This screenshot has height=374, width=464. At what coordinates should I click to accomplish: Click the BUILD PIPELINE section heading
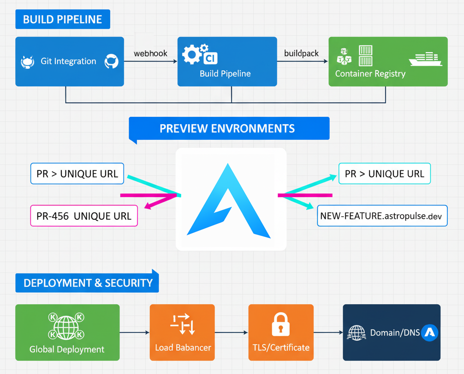point(63,19)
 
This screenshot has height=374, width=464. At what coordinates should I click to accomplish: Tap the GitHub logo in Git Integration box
point(112,61)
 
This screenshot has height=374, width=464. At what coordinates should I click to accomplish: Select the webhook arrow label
point(150,54)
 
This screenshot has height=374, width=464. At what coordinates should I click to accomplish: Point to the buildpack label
point(301,54)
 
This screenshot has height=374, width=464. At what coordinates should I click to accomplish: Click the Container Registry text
point(370,74)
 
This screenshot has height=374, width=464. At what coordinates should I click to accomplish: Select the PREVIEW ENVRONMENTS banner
point(229,128)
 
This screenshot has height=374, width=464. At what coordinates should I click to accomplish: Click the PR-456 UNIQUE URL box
point(84,216)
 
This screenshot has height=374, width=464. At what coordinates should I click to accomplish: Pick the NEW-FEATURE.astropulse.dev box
point(382,216)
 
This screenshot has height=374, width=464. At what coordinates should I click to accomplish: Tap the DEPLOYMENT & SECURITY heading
point(88,283)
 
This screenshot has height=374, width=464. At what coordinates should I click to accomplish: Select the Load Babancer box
point(182,332)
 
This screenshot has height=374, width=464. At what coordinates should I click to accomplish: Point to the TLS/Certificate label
point(281,348)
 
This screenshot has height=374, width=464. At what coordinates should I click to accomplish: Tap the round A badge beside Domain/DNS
point(430,332)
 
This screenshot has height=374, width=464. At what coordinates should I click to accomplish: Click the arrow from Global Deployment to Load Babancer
point(134,332)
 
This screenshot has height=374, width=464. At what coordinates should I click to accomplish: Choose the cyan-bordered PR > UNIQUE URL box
point(384,174)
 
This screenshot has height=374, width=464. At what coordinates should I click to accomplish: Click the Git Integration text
point(68,61)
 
